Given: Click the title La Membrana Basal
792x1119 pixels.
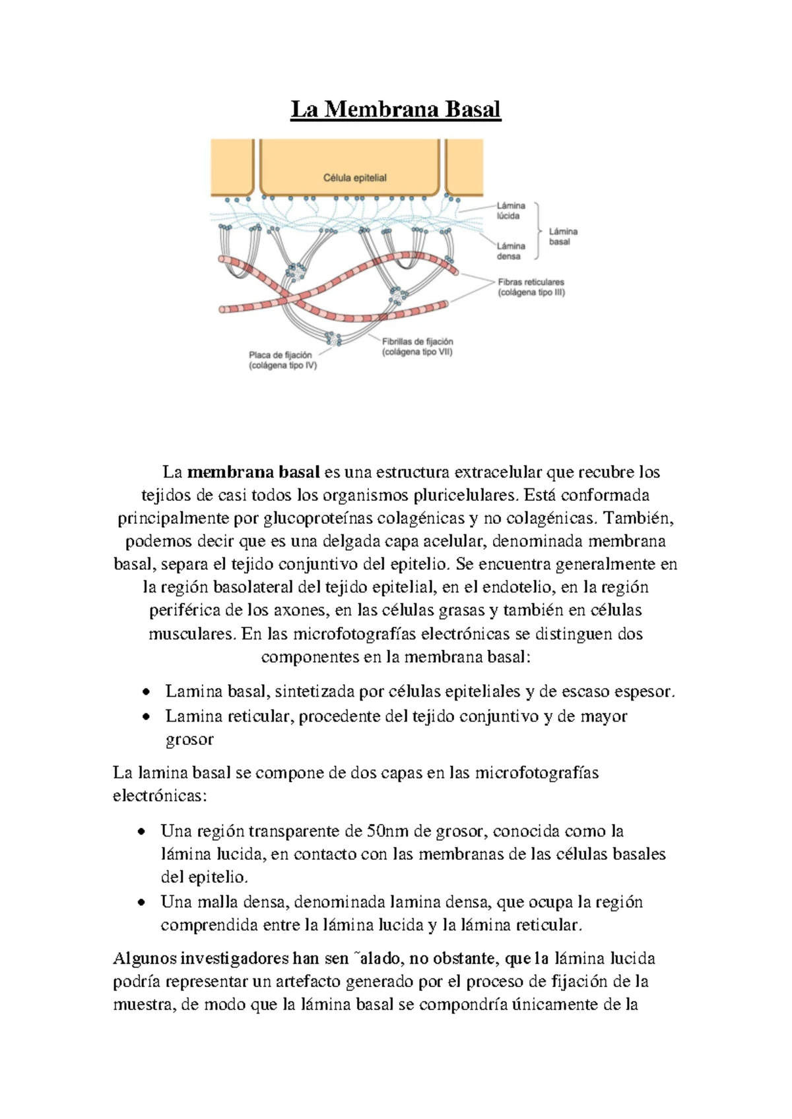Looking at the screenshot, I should (x=395, y=109).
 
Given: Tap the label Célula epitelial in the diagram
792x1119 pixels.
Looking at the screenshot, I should (x=354, y=177).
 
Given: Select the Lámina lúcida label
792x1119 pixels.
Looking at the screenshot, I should (x=510, y=210).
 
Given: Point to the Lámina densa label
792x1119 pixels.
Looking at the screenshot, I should (x=510, y=251).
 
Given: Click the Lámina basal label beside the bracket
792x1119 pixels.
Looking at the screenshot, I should (x=562, y=236).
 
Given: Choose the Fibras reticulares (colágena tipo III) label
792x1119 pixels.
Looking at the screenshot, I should (x=531, y=287).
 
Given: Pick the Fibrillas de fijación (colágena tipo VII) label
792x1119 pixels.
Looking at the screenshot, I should (x=417, y=346).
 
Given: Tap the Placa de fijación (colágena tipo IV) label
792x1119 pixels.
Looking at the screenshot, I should (x=282, y=360).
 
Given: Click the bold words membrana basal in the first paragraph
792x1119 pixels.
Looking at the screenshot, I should (x=253, y=472).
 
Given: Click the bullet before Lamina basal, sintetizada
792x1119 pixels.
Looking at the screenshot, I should (x=146, y=692).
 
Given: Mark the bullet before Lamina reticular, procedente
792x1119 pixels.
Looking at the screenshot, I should (x=146, y=717).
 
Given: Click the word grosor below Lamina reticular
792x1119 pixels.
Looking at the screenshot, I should (x=189, y=739).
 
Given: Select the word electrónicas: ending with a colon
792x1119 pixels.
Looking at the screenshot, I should (x=160, y=796).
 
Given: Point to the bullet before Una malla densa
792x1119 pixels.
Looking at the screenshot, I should (x=141, y=902).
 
